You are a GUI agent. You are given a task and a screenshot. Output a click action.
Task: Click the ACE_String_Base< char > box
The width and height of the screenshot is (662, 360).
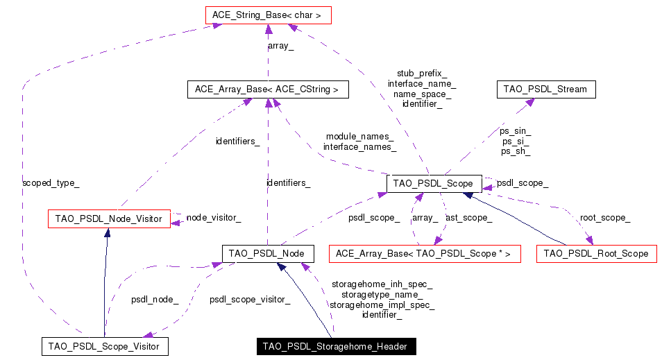click(x=268, y=14)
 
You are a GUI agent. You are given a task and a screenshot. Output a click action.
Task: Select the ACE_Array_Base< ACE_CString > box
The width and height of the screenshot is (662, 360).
click(x=267, y=89)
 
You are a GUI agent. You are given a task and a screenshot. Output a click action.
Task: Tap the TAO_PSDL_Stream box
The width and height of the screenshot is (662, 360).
click(x=545, y=89)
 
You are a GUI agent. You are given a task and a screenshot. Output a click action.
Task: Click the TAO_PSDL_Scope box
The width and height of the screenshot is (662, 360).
click(x=433, y=184)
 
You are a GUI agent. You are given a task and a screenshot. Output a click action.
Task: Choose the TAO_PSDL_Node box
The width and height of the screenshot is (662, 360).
click(x=268, y=254)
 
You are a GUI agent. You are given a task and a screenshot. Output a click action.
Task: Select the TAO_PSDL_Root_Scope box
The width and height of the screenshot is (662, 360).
click(x=596, y=255)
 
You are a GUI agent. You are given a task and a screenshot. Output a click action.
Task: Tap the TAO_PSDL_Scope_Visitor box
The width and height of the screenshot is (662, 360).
click(x=104, y=346)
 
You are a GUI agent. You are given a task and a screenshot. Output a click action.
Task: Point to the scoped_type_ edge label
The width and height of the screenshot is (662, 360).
click(x=51, y=183)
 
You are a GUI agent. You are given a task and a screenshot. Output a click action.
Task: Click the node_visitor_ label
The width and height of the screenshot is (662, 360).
click(x=214, y=218)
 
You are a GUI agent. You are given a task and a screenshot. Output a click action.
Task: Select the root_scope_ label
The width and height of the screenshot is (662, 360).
click(x=604, y=218)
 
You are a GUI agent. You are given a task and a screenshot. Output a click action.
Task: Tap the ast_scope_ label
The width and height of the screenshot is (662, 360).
click(x=468, y=218)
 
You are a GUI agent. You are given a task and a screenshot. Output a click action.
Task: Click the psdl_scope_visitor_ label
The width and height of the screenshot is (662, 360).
click(x=250, y=300)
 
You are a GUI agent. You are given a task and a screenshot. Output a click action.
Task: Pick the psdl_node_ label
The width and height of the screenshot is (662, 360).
click(x=155, y=300)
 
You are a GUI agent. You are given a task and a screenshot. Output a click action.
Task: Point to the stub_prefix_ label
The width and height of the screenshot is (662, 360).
click(x=422, y=73)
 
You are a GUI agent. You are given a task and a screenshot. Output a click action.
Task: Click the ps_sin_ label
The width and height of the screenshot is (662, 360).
click(x=516, y=130)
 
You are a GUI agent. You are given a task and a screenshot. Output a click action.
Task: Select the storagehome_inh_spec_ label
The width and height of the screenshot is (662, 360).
click(x=382, y=284)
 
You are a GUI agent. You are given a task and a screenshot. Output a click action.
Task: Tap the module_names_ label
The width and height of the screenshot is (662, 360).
click(x=359, y=137)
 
